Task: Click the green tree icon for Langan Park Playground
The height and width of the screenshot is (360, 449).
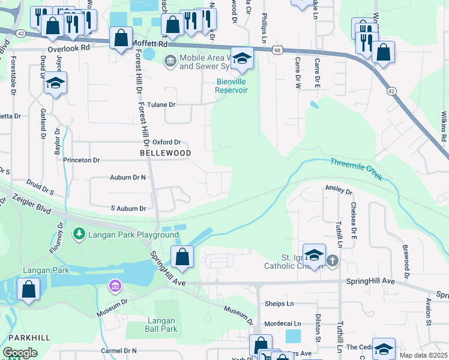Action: [x=77, y=233]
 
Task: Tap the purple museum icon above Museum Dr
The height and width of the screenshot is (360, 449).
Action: [x=115, y=286]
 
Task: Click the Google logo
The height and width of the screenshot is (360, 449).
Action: [x=20, y=353]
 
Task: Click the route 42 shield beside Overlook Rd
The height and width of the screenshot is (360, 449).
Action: [x=20, y=34]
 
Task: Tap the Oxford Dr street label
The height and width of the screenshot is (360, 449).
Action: [x=166, y=142]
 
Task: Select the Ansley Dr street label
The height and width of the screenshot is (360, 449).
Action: [x=339, y=190]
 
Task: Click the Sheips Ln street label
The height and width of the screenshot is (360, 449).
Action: [x=278, y=304]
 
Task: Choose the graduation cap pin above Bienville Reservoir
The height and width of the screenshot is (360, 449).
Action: [x=242, y=59]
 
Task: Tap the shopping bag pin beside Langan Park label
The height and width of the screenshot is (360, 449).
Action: [x=28, y=289]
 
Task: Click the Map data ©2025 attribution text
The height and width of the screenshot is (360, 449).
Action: [x=423, y=355]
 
